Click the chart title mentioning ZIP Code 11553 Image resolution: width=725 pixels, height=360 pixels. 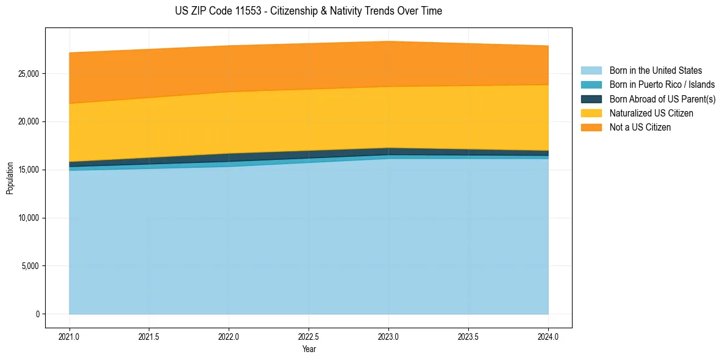(x=309, y=11)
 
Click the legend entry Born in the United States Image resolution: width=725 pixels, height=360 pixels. (x=655, y=71)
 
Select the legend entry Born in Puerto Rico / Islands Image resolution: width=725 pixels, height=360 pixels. (x=662, y=85)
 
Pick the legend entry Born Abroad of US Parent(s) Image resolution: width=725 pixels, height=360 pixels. (x=662, y=99)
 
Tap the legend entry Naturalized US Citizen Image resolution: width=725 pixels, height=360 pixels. (x=651, y=113)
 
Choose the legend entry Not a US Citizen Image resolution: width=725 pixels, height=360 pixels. (x=640, y=128)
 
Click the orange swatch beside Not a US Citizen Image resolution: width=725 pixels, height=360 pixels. (x=591, y=128)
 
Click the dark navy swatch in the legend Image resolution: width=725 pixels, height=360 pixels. (x=591, y=99)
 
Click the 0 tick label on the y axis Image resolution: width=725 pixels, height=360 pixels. (x=37, y=314)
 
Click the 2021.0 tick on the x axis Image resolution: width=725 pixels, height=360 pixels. (x=70, y=337)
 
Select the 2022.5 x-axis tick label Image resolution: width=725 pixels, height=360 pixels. (x=309, y=337)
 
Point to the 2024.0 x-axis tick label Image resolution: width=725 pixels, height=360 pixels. (x=548, y=337)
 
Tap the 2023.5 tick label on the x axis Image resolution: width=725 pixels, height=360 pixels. (x=468, y=337)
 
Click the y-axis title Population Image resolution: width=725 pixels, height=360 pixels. (x=10, y=178)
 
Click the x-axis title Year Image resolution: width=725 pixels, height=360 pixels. (x=309, y=350)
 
